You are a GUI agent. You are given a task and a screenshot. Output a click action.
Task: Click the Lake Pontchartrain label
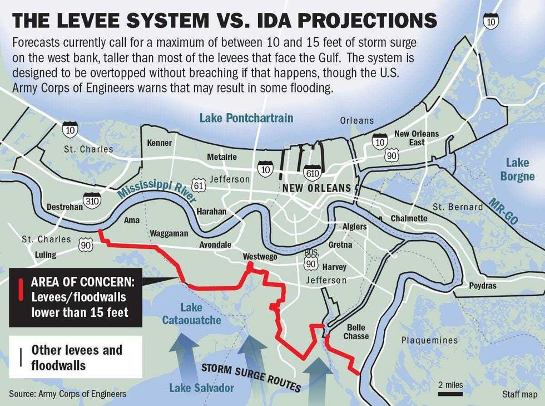click(246, 118)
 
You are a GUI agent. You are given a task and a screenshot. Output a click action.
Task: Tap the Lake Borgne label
click(519, 169)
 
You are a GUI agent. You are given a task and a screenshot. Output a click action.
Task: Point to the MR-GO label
click(503, 211)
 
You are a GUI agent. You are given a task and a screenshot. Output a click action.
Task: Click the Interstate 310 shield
click(91, 200)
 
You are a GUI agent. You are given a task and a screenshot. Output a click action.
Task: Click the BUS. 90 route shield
click(311, 260)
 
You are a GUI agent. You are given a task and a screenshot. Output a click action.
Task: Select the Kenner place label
click(159, 143)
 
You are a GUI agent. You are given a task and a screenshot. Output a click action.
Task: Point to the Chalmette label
click(409, 218)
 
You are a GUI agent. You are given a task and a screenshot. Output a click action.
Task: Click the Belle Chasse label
click(356, 332)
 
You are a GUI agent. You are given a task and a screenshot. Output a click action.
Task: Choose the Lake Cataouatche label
click(191, 314)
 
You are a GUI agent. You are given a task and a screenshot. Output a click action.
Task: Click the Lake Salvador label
click(201, 388)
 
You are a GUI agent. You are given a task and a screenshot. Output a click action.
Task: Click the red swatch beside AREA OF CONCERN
click(20, 297)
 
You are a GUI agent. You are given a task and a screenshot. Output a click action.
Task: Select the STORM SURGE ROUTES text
click(250, 378)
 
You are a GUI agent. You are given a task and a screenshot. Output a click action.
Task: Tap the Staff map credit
click(519, 394)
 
